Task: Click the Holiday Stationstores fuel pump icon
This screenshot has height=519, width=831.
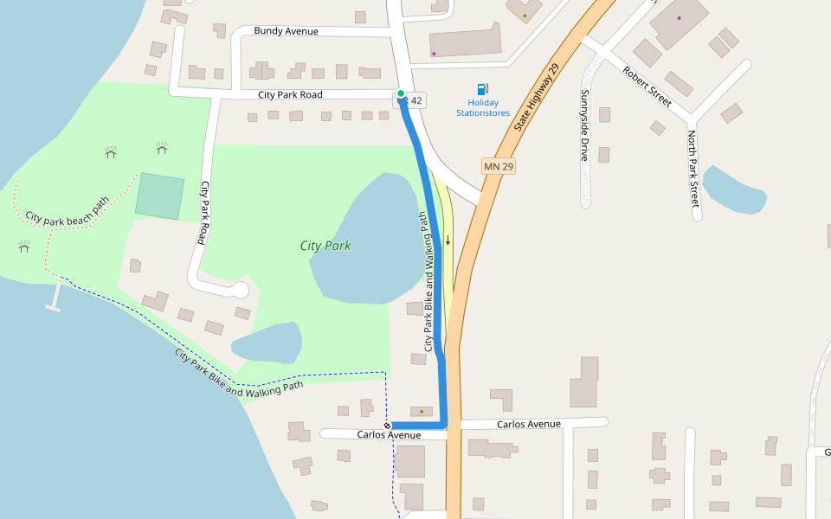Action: click(x=483, y=88)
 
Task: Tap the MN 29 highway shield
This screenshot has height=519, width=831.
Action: click(x=499, y=165)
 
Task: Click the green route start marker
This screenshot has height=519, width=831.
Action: click(x=401, y=93)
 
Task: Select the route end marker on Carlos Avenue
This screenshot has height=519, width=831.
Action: click(x=387, y=426)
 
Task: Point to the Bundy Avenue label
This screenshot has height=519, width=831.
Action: click(x=286, y=31)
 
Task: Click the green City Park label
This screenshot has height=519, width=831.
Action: click(x=325, y=246)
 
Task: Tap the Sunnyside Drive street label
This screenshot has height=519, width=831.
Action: click(x=585, y=125)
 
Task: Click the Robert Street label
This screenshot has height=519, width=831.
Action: click(x=647, y=86)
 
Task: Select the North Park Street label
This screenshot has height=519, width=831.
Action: click(x=692, y=169)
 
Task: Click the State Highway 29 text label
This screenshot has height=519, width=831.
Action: click(x=537, y=97)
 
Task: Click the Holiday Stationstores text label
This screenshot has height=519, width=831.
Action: click(x=483, y=108)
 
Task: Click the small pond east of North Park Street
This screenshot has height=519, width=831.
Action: click(x=733, y=189)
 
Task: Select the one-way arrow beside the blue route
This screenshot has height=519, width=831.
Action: click(x=448, y=240)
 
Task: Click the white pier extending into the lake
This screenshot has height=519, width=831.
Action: click(x=55, y=296)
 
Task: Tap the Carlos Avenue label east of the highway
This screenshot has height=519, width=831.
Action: click(x=528, y=424)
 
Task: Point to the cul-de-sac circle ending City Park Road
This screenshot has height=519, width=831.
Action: click(x=240, y=290)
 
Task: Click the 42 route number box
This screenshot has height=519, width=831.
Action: click(x=415, y=101)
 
